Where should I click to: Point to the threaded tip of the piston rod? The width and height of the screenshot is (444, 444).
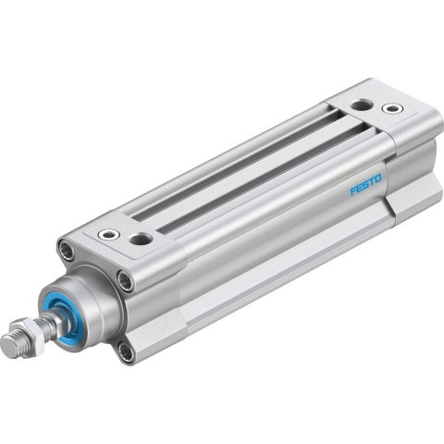[x=11, y=345]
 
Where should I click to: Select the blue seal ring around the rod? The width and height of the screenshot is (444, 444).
[x=62, y=314]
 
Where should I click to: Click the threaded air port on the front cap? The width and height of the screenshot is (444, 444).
[x=142, y=239]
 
